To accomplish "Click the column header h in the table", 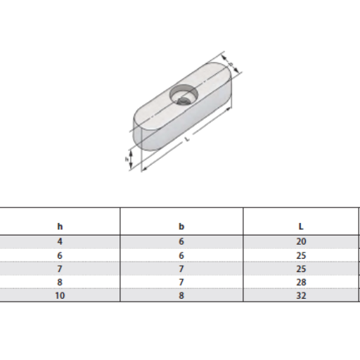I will click(60, 226).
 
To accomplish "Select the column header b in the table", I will click(181, 226).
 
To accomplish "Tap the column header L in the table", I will click(301, 226).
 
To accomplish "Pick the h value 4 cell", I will click(60, 241).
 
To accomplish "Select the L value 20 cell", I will click(301, 241).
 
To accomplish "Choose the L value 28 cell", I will click(301, 283).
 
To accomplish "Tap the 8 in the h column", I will click(60, 283).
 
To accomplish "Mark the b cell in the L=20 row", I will click(181, 241).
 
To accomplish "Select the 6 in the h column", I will click(60, 255).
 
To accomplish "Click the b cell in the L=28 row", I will click(181, 283).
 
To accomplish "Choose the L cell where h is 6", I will click(301, 255).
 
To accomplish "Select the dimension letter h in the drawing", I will click(127, 160).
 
